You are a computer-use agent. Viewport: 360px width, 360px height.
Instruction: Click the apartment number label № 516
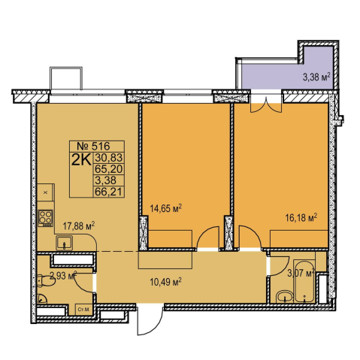93,146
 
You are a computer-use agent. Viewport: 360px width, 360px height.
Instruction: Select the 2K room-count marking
81,160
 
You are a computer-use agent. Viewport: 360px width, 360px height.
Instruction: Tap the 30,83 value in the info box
108,158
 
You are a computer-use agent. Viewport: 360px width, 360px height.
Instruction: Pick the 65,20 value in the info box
108,169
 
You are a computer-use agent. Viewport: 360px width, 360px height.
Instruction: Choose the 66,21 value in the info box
108,192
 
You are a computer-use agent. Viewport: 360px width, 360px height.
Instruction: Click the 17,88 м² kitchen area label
79,226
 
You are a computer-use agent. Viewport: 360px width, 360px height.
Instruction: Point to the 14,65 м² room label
165,207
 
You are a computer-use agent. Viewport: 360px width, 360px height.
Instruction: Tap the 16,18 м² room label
301,217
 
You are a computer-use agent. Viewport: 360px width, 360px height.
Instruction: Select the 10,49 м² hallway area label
165,282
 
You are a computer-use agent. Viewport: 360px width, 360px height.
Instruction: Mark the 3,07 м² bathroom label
301,273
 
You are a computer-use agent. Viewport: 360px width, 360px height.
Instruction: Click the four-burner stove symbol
45,218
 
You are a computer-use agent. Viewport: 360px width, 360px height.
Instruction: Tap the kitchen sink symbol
64,243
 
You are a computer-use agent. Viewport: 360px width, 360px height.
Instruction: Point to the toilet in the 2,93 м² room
46,280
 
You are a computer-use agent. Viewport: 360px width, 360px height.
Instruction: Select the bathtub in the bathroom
304,281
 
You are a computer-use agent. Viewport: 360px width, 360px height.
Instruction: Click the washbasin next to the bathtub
284,297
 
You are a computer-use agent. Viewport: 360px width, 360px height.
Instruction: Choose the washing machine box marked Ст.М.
84,310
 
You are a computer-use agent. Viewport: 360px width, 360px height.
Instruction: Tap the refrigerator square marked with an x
45,192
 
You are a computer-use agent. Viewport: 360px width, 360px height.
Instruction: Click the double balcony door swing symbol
266,104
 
